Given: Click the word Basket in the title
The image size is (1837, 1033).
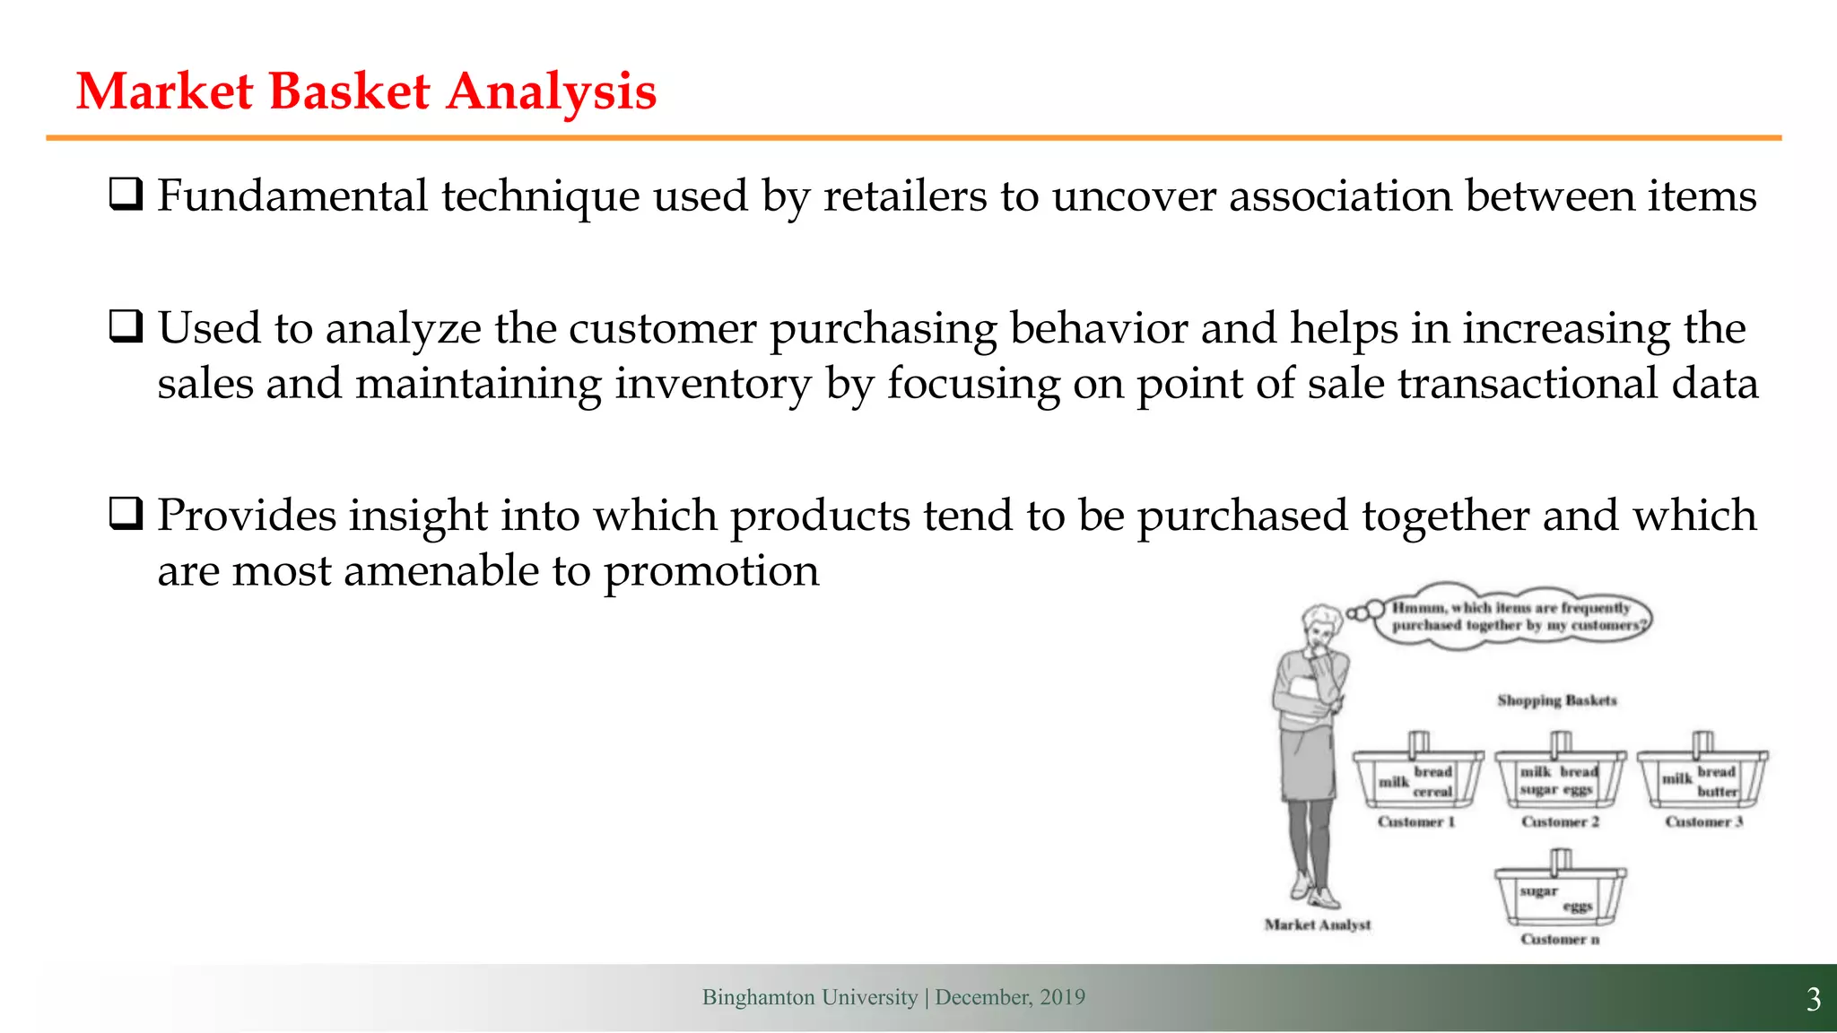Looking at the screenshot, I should pyautogui.click(x=349, y=91).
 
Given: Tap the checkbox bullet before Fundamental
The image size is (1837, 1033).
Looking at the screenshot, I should pyautogui.click(x=126, y=195).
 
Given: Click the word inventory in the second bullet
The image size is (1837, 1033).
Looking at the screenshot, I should pyautogui.click(x=713, y=384).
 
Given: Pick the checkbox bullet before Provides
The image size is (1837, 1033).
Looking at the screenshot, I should pyautogui.click(x=126, y=515).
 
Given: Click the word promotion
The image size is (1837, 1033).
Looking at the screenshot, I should pyautogui.click(x=711, y=571).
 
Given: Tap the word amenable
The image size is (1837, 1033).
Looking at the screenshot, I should pyautogui.click(x=441, y=571).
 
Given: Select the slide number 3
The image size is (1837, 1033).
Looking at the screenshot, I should pyautogui.click(x=1813, y=999).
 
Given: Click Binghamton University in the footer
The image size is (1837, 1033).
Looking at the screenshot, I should pyautogui.click(x=809, y=997).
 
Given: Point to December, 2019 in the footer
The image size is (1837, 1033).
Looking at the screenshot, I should pyautogui.click(x=1010, y=997).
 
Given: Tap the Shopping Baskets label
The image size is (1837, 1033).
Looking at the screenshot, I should pyautogui.click(x=1556, y=700).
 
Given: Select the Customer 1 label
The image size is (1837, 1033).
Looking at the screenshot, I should pyautogui.click(x=1415, y=821).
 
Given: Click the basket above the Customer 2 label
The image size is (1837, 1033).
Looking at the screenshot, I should pyautogui.click(x=1560, y=777).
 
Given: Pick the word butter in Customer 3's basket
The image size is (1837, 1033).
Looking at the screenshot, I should pyautogui.click(x=1717, y=792).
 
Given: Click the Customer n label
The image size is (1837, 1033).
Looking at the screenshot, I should pyautogui.click(x=1560, y=939).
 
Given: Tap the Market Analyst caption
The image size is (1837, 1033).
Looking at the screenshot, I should pyautogui.click(x=1318, y=924).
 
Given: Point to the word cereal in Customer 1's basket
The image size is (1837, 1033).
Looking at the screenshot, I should pyautogui.click(x=1432, y=792).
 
